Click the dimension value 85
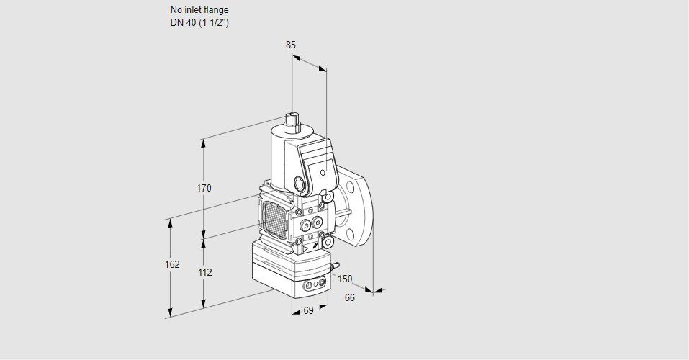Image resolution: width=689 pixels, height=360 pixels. [x=290, y=45]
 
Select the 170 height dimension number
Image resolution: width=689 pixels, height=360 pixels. [x=204, y=189]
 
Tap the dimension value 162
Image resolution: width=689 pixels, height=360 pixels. [x=172, y=264]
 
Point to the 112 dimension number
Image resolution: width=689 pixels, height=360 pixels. [x=204, y=273]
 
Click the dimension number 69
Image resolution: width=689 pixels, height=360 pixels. [x=308, y=311]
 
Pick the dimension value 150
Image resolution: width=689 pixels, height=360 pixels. [x=346, y=279]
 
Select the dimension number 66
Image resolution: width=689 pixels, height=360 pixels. [x=350, y=297]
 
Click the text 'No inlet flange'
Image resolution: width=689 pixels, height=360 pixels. [x=199, y=10]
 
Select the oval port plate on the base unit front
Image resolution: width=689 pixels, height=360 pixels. [x=314, y=286]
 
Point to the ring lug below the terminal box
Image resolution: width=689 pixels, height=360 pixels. [x=328, y=196]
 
